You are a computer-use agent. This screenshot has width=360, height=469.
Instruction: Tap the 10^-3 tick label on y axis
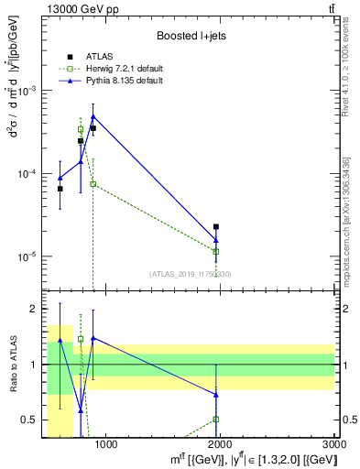28,92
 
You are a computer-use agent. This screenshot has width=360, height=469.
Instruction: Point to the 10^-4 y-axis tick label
28,174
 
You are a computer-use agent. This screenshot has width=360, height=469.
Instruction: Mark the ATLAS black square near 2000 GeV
216,226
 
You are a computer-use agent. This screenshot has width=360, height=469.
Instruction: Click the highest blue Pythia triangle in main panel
93,116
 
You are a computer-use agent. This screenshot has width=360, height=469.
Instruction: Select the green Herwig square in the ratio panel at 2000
216,420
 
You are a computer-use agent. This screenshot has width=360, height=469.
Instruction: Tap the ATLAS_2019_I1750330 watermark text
190,274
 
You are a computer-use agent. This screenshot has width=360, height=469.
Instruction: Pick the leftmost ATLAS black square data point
60,189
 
